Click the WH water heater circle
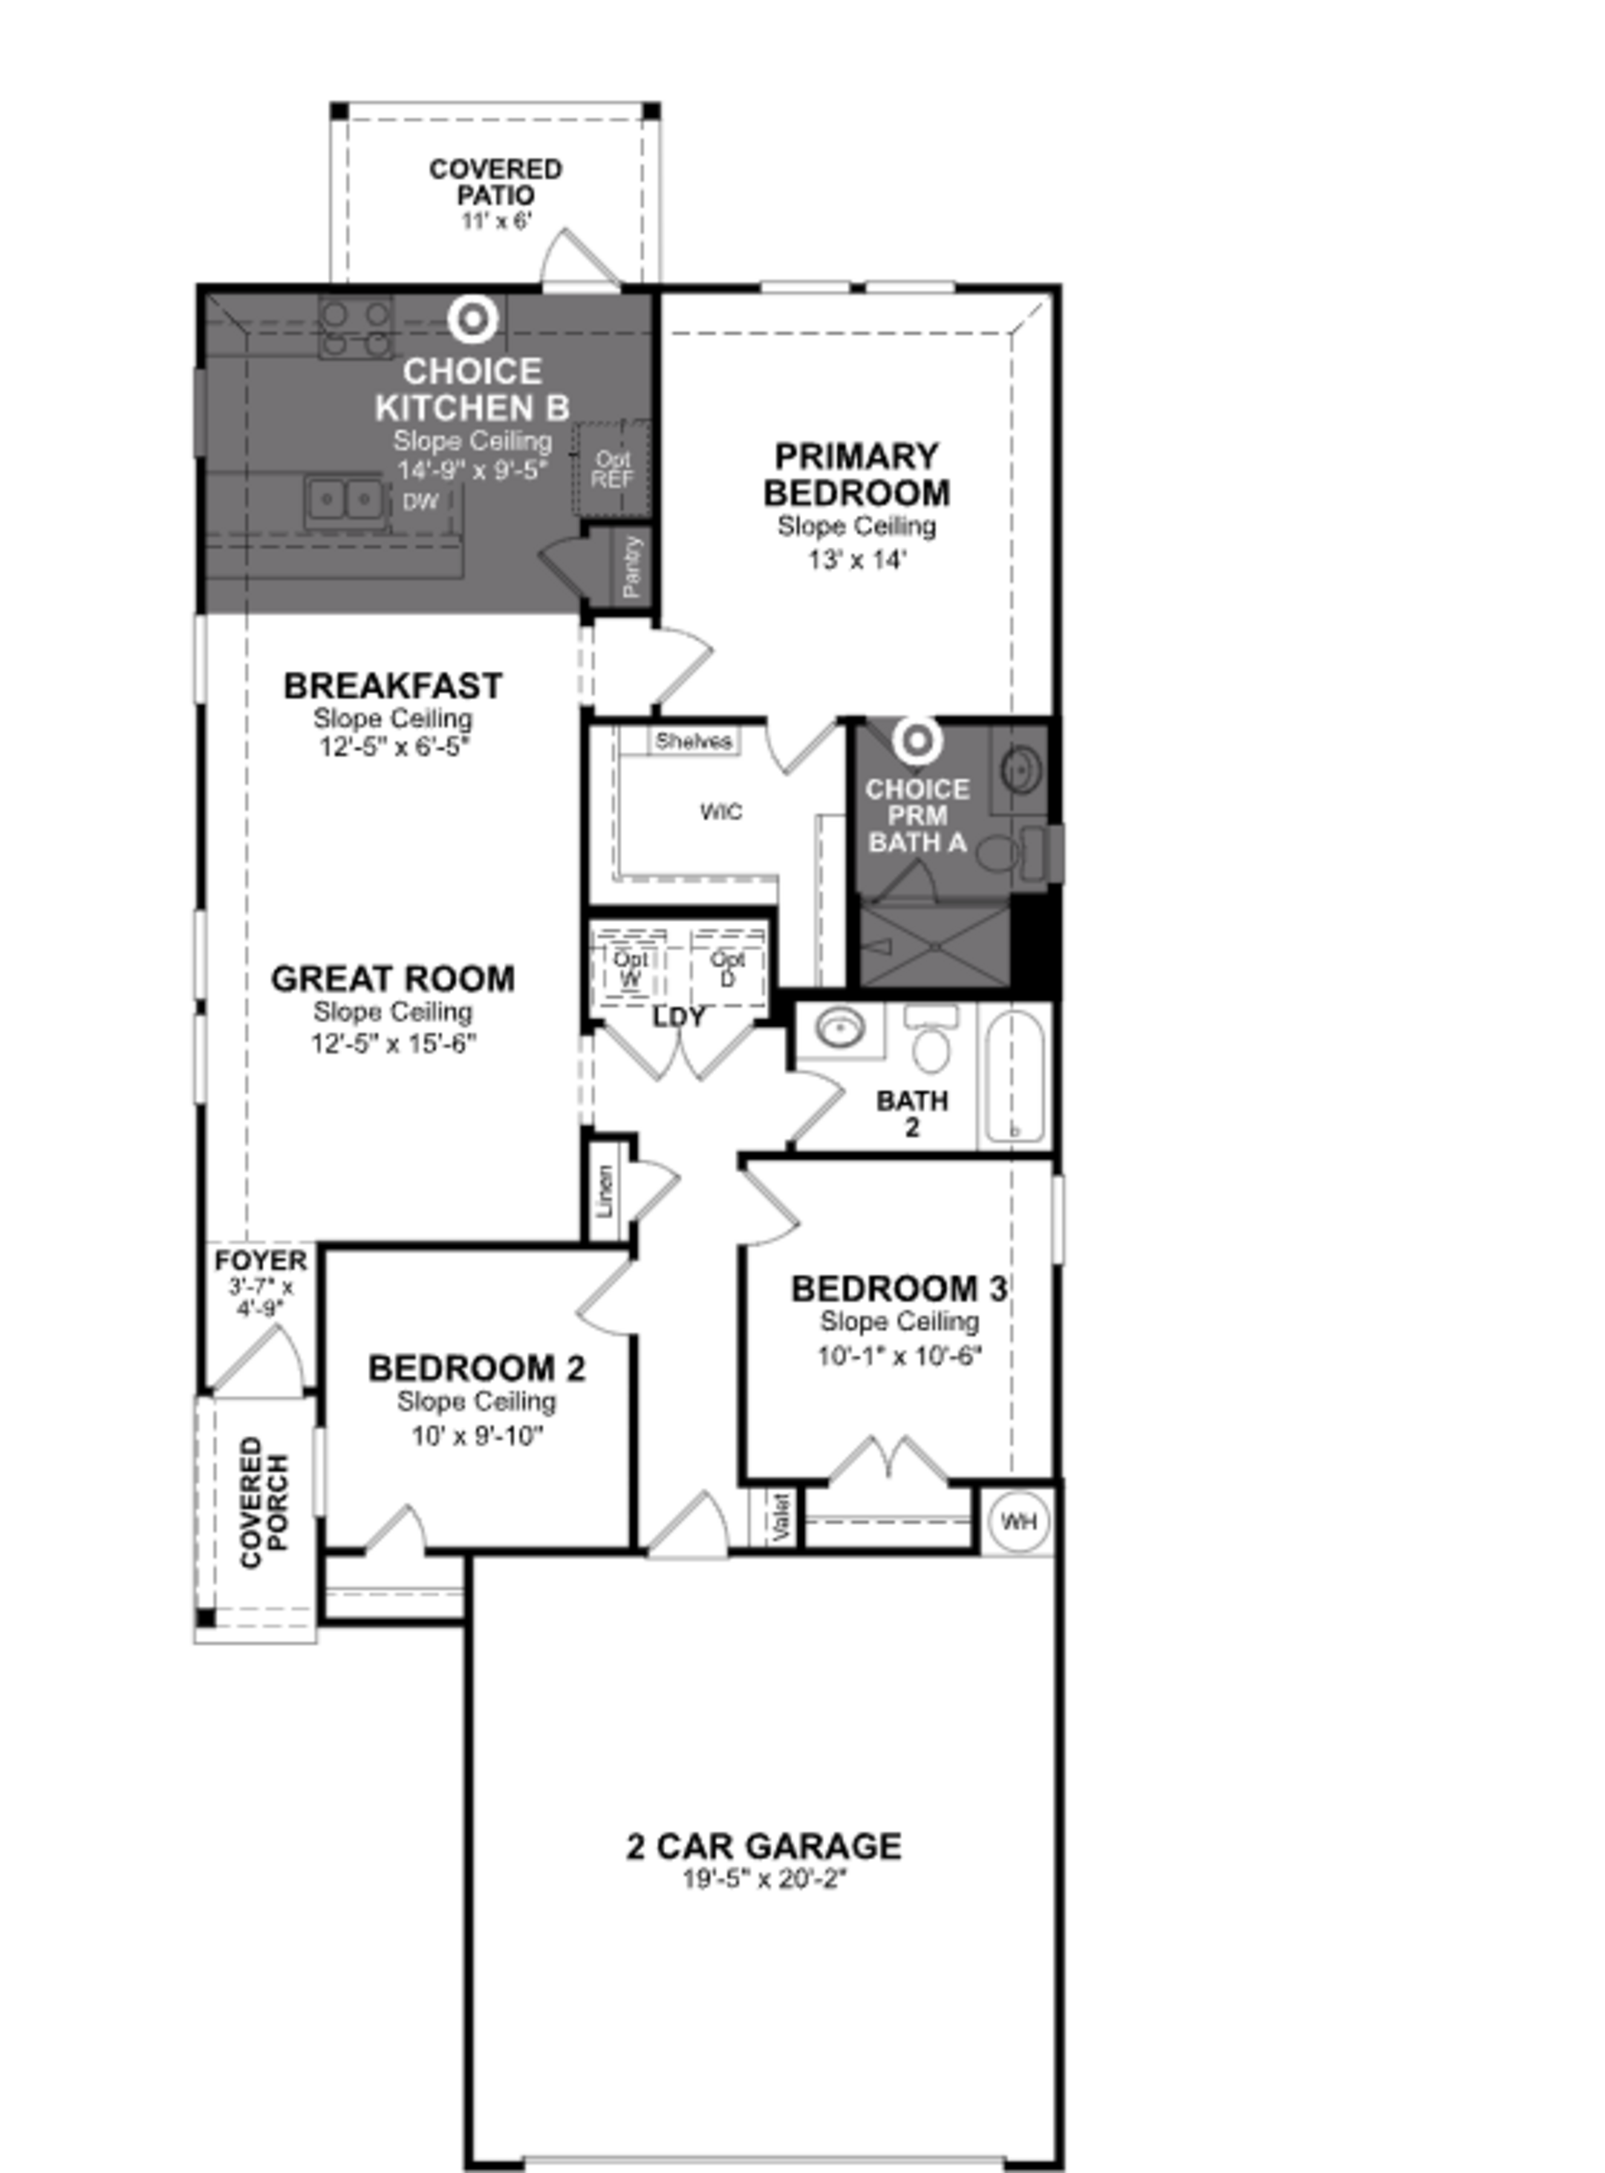click(1017, 1521)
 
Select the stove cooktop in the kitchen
click(357, 328)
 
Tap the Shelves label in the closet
click(693, 741)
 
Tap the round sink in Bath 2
click(839, 1028)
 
